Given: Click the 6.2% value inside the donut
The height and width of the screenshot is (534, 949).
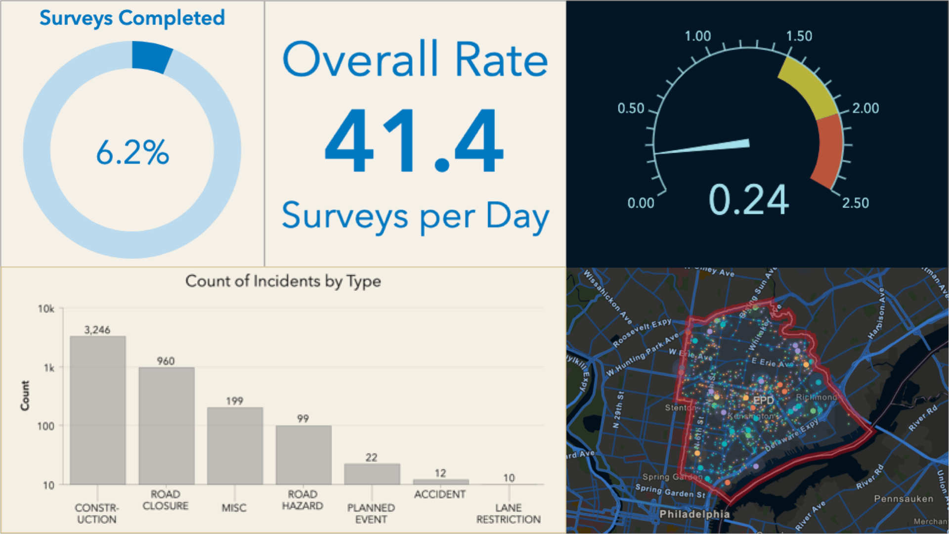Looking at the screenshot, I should (x=132, y=152).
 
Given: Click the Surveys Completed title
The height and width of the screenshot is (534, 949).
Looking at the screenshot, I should (x=132, y=18).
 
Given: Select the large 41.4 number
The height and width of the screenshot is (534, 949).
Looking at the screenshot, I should (x=414, y=141).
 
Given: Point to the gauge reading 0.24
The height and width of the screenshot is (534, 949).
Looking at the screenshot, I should (x=748, y=200).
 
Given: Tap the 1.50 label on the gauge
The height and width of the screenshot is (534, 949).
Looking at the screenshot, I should (x=799, y=36).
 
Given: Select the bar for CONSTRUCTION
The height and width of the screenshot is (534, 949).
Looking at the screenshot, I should (x=97, y=410).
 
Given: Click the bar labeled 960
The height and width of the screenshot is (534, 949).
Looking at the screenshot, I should (x=166, y=425).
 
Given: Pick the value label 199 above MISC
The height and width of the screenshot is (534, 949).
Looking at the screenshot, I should (x=234, y=401).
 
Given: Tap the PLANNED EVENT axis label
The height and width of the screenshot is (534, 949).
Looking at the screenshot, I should (x=371, y=513).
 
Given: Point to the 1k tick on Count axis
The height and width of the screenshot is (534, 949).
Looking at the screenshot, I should (x=49, y=368).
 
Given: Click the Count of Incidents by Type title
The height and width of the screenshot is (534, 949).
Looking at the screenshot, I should (x=283, y=281).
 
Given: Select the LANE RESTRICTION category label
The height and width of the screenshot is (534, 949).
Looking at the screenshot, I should (x=508, y=513).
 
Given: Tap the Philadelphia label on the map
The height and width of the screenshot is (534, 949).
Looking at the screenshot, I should (x=694, y=514).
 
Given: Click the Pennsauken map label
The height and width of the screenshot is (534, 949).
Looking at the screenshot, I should (x=903, y=498).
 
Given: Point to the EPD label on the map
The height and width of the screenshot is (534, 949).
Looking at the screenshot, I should (x=763, y=400).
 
